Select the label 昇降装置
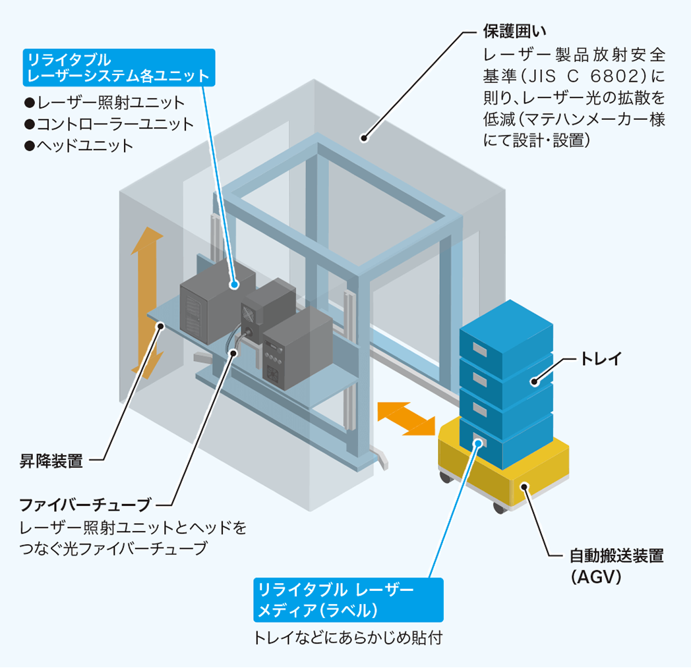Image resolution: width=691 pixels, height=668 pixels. coord(51,461)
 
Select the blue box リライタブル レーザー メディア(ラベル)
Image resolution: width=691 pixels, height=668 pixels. coord(348,599)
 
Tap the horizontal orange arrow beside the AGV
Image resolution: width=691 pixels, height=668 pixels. coord(406,417)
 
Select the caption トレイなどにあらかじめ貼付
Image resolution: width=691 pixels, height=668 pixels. coord(347,638)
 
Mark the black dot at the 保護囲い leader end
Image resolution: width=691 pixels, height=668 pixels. coord(363,137)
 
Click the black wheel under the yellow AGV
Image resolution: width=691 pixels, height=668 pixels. coord(499,509)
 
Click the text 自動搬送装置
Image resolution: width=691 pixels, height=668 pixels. coord(616,555)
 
